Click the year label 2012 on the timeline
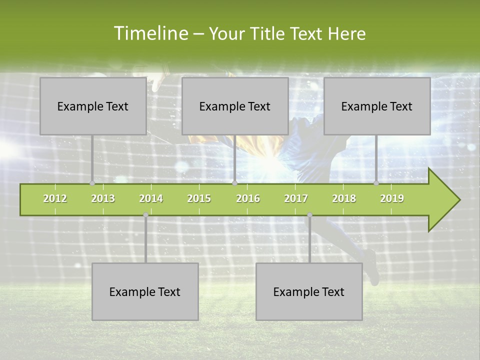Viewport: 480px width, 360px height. click(55, 199)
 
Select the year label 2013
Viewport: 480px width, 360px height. click(103, 199)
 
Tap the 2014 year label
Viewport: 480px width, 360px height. click(151, 199)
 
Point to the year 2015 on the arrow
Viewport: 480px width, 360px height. click(199, 199)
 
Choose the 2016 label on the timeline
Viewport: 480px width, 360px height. click(248, 199)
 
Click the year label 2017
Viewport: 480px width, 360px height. click(296, 199)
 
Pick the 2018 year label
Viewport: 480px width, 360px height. click(344, 199)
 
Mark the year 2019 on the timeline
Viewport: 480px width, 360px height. click(392, 199)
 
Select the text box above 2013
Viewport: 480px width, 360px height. click(93, 106)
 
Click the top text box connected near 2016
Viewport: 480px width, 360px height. click(235, 106)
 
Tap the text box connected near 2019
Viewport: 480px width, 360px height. click(377, 106)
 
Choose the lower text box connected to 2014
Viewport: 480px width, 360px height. click(145, 291)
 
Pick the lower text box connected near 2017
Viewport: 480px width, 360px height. click(309, 291)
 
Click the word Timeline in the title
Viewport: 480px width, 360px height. click(150, 33)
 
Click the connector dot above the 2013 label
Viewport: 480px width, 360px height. click(92, 183)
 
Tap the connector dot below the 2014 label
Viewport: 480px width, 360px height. click(145, 215)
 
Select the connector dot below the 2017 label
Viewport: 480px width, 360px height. click(309, 215)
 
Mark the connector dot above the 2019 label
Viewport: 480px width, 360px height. click(376, 183)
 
